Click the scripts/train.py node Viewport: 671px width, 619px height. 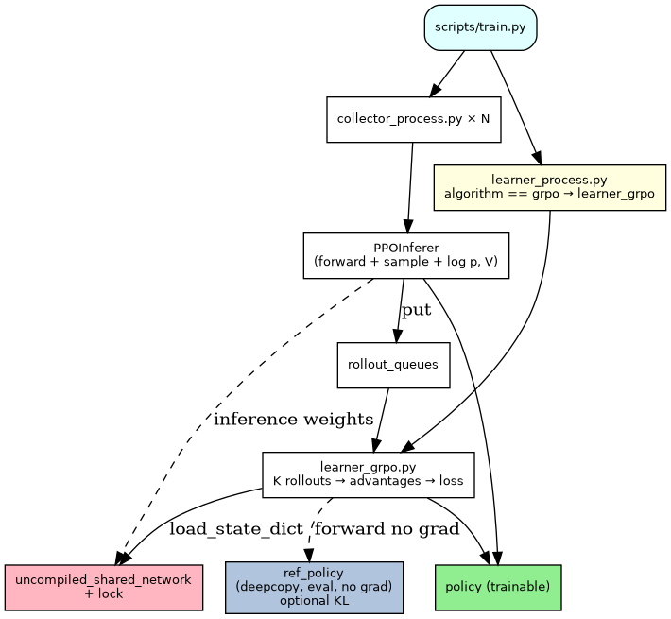481,26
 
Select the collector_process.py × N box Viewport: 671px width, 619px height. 413,119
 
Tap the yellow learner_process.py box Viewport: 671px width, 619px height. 549,186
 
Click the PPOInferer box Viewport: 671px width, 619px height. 405,255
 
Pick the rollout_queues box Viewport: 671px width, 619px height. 393,365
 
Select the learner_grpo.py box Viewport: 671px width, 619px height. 368,474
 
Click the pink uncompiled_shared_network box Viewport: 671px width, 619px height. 103,587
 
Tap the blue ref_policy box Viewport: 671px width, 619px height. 314,587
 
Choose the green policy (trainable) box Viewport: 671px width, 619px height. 498,587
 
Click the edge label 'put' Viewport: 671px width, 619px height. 416,311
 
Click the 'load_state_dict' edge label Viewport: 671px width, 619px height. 236,528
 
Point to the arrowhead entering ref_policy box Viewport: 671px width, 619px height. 309,555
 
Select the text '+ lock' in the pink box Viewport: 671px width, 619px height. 103,594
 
